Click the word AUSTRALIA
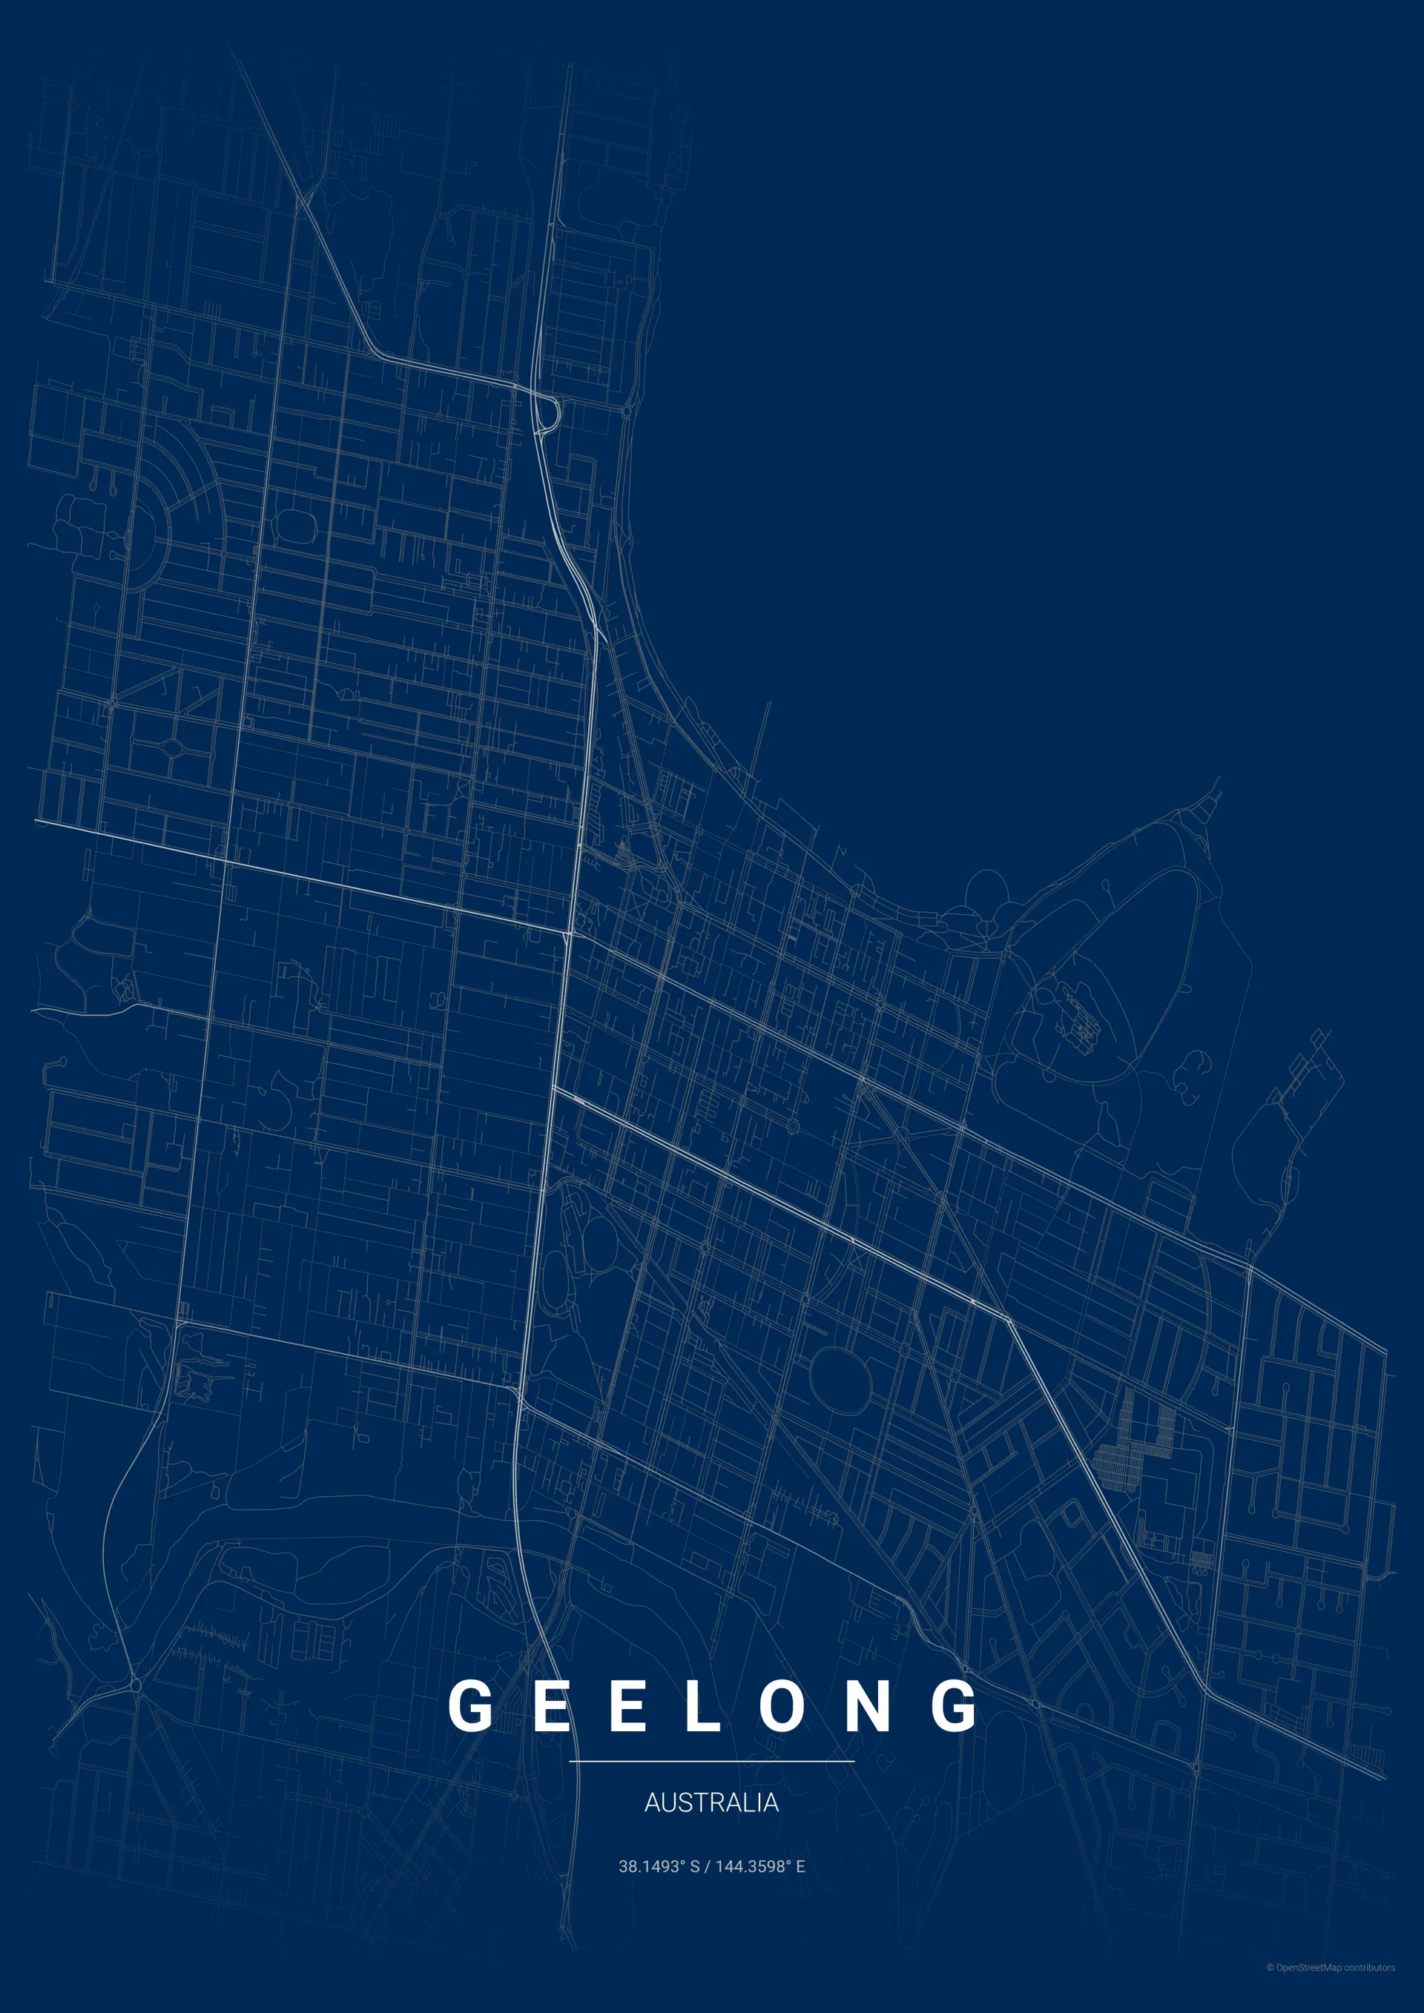(x=711, y=1802)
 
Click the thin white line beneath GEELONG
(x=711, y=1760)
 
